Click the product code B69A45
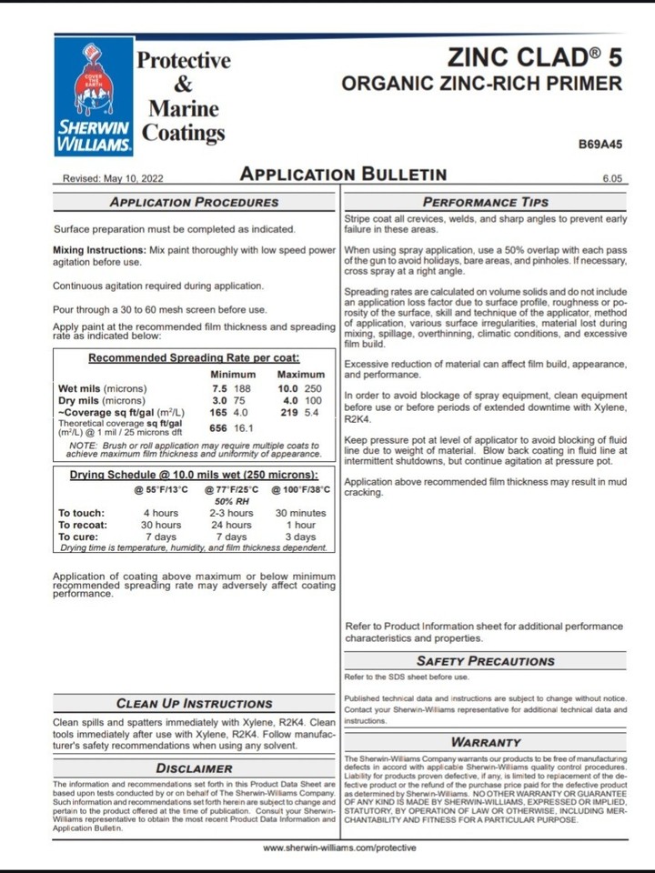point(600,144)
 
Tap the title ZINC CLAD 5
point(535,57)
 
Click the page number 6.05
point(612,179)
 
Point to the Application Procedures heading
point(194,202)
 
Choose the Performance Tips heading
point(486,202)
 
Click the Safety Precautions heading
point(485,661)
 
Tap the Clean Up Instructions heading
point(194,703)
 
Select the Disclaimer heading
point(194,768)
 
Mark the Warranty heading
point(486,742)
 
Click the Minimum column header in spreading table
point(233,375)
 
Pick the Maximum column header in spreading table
point(300,375)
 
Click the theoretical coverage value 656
point(218,427)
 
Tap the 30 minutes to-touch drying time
point(300,513)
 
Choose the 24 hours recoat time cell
point(231,525)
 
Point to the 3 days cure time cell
point(300,537)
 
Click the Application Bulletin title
point(343,175)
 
